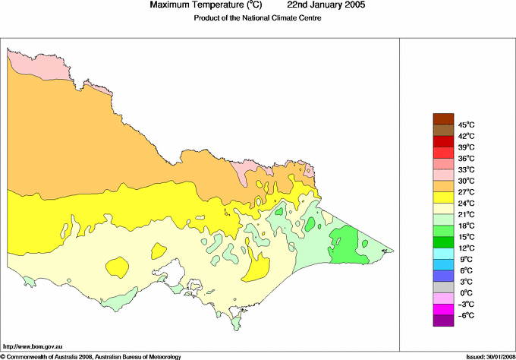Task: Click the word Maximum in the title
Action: tap(170, 5)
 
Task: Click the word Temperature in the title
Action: tap(220, 5)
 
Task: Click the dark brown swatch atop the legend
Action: tap(442, 118)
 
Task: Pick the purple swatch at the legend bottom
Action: tap(442, 321)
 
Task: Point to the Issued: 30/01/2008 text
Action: tap(489, 355)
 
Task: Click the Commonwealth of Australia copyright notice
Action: tap(91, 355)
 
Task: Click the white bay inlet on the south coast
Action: tap(176, 269)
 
